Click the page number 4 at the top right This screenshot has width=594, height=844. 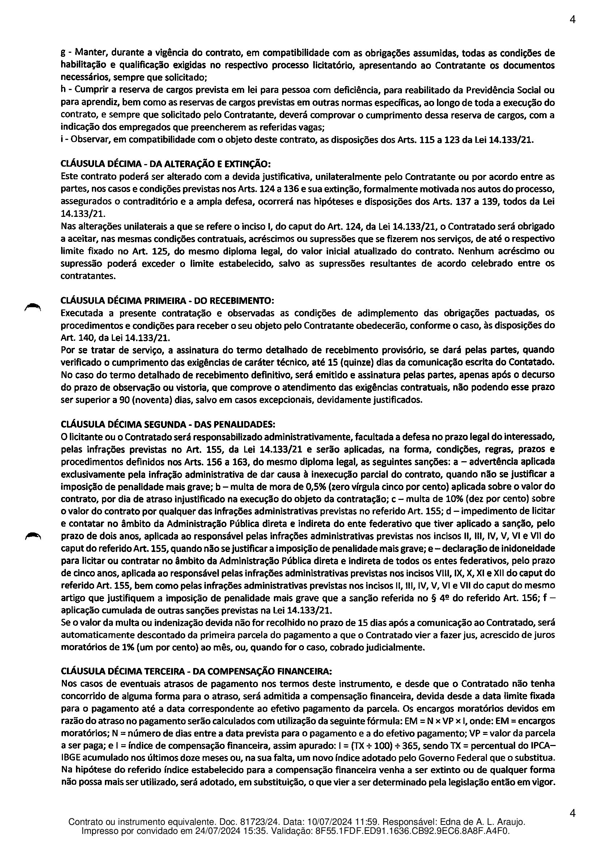click(572, 20)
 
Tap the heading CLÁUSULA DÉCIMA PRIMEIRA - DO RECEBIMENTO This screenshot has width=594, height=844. click(167, 300)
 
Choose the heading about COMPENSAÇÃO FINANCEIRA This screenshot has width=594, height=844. click(196, 671)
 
